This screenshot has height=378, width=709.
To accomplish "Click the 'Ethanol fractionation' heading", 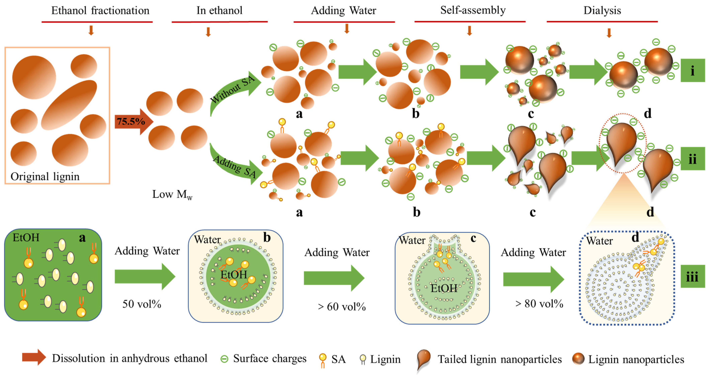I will (100, 11).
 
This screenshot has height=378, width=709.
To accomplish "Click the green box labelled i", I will (692, 71).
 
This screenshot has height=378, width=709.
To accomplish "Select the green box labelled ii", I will (692, 159).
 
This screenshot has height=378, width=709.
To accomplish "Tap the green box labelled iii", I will (692, 276).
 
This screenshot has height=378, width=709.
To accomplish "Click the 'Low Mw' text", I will (172, 194).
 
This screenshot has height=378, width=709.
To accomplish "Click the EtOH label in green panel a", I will (26, 237).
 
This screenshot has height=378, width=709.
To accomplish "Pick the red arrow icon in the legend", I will (34, 357).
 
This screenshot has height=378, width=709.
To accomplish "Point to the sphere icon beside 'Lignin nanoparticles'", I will (578, 359).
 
